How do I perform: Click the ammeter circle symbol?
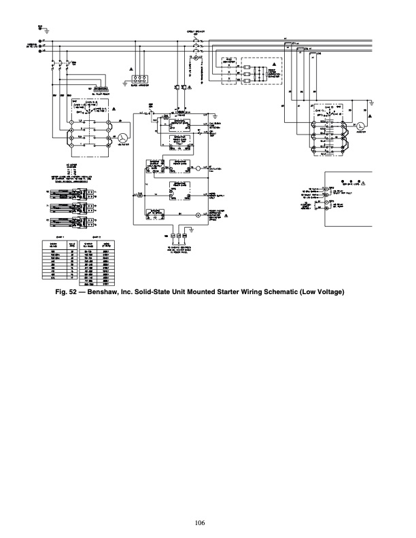tap(362, 126)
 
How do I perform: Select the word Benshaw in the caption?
tap(116, 293)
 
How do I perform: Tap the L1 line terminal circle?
tap(43, 41)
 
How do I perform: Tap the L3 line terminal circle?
tap(43, 52)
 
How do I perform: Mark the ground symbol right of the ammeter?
tap(373, 102)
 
